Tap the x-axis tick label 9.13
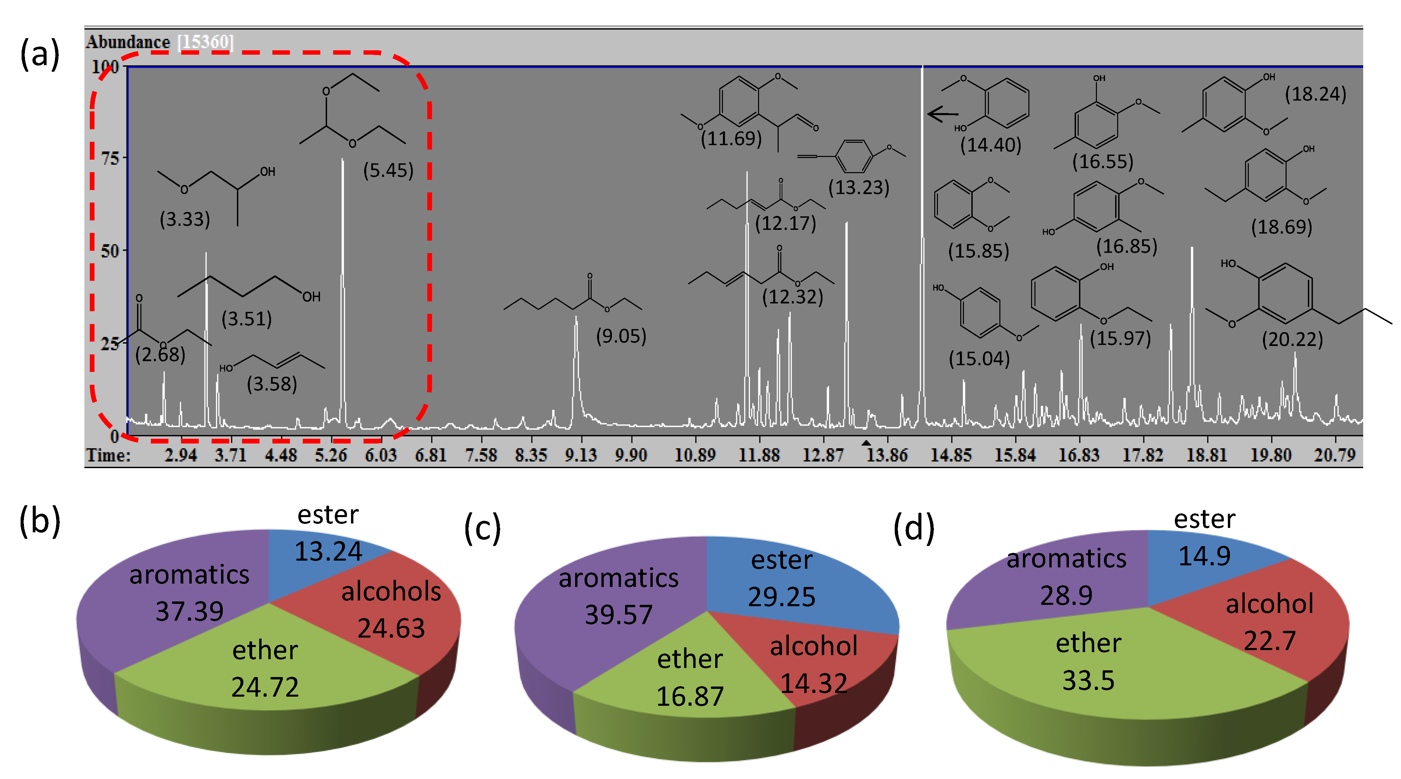coord(581,455)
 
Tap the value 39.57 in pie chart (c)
coord(618,615)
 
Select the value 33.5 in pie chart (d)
coord(1088,680)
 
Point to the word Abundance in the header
coord(128,42)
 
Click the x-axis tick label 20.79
coord(1334,455)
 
